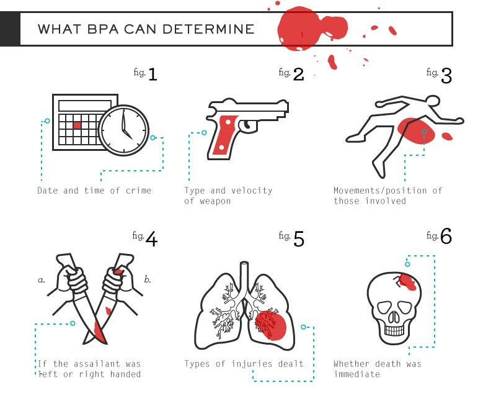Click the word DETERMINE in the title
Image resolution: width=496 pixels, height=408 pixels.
pos(208,29)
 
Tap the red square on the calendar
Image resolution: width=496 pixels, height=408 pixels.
pos(77,125)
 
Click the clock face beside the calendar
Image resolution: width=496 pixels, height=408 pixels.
pos(123,130)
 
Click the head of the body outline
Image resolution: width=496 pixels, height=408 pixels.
pos(432,101)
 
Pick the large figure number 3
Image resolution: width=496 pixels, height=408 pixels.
pos(446,76)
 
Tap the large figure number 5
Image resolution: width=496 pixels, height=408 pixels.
pos(299,238)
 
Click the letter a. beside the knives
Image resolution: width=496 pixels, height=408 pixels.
pos(42,280)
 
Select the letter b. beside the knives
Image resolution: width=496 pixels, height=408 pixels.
pos(148,279)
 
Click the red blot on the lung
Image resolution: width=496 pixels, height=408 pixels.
pos(270,325)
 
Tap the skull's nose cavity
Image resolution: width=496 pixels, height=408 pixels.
pos(394,317)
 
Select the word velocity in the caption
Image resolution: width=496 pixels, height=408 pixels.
pos(252,191)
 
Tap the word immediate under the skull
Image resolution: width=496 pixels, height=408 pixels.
pos(357,374)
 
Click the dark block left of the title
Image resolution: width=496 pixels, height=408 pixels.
pos(10,29)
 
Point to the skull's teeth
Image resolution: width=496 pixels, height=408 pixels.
pos(394,330)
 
